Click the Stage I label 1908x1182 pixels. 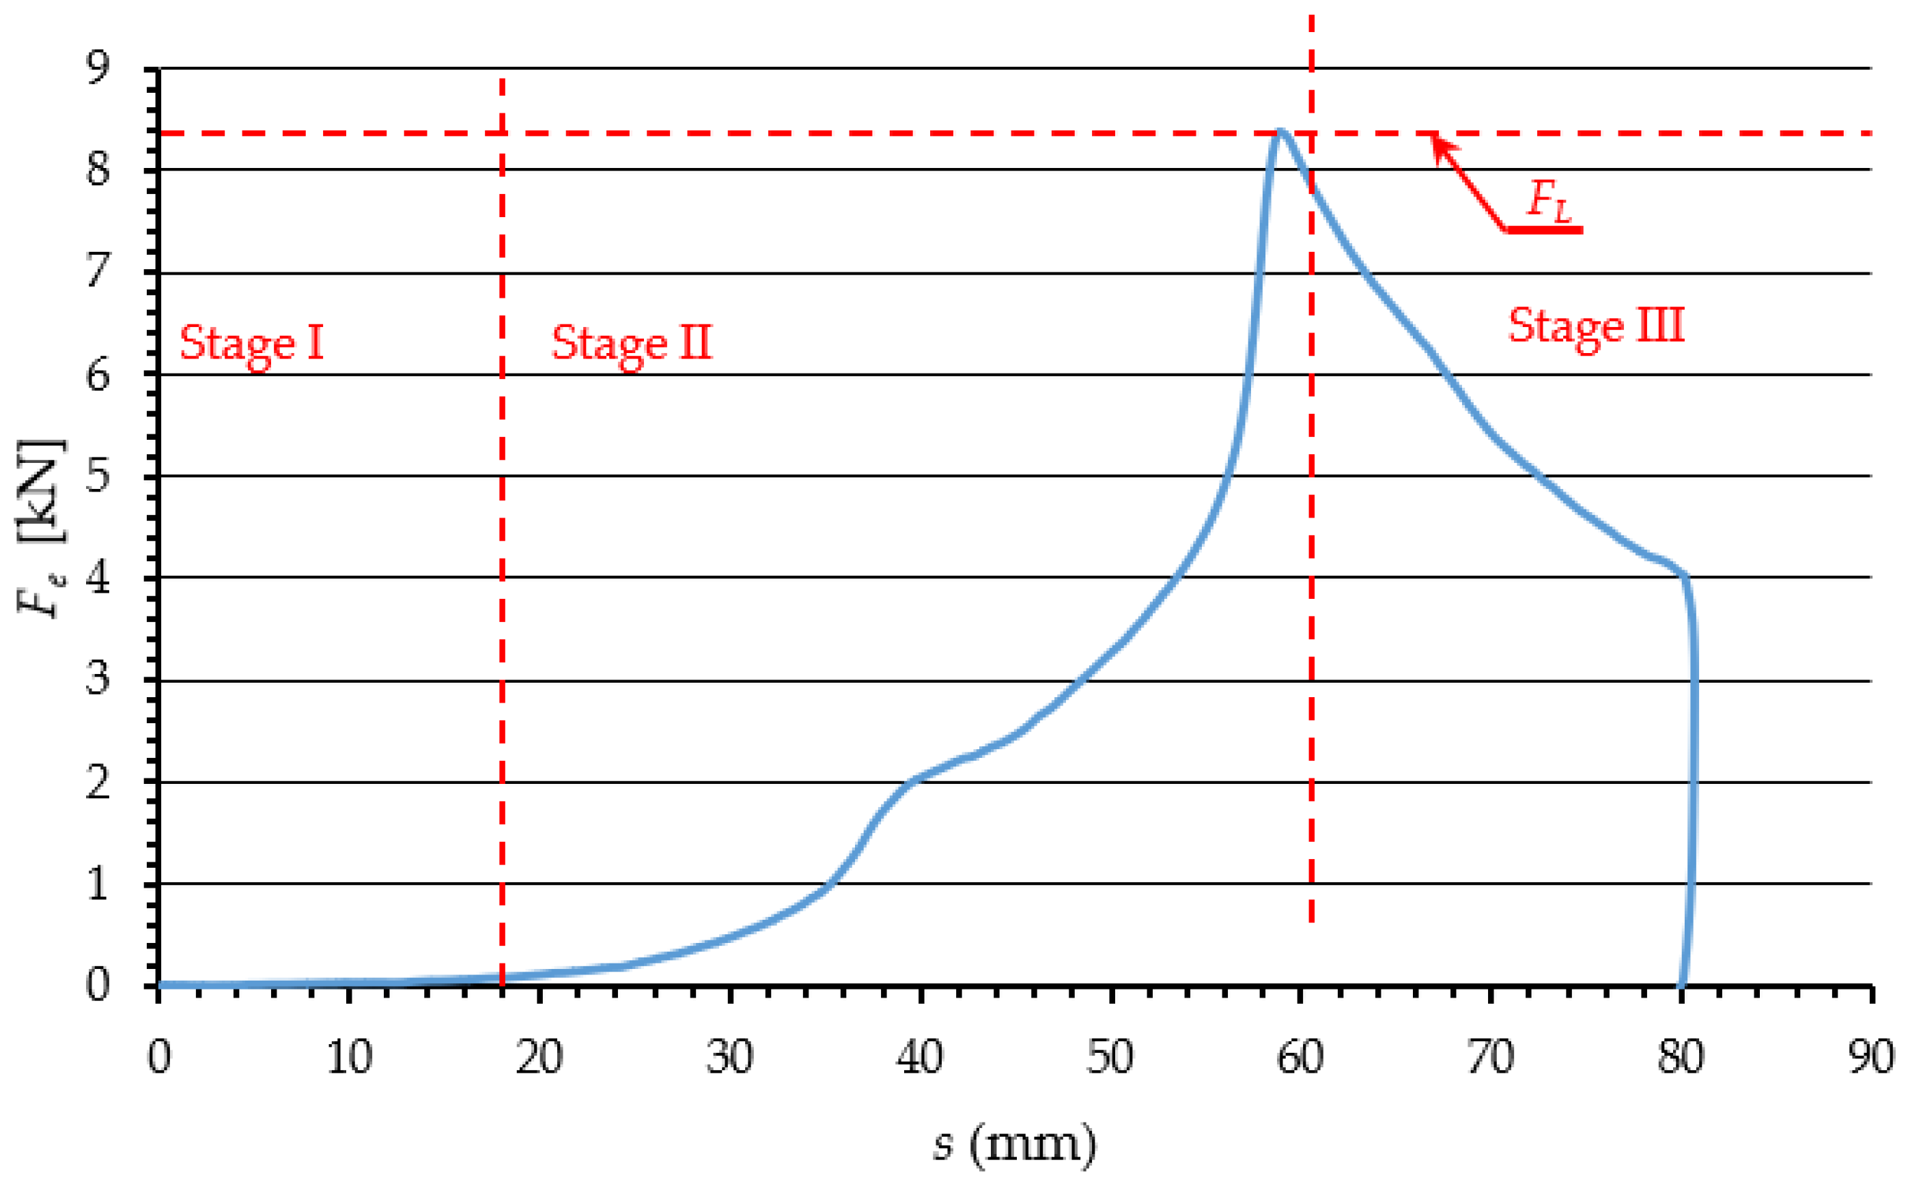[x=252, y=344]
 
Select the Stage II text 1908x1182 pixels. [x=632, y=344]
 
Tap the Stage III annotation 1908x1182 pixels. [x=1595, y=327]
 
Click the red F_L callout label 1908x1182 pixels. [x=1548, y=201]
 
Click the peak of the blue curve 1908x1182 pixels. [x=1280, y=131]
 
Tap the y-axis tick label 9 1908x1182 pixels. [x=98, y=68]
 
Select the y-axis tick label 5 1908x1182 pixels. [x=98, y=475]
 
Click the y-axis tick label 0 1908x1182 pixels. [x=98, y=985]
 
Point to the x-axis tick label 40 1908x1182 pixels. [x=919, y=1057]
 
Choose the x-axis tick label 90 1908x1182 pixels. [x=1871, y=1057]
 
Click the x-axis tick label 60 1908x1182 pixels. [x=1300, y=1057]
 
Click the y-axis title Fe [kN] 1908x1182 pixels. [x=41, y=529]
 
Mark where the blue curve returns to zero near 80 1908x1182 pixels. [x=1682, y=983]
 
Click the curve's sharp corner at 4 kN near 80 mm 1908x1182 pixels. [x=1685, y=578]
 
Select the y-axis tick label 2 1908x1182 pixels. [x=98, y=782]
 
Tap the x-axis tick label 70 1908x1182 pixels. [x=1491, y=1057]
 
